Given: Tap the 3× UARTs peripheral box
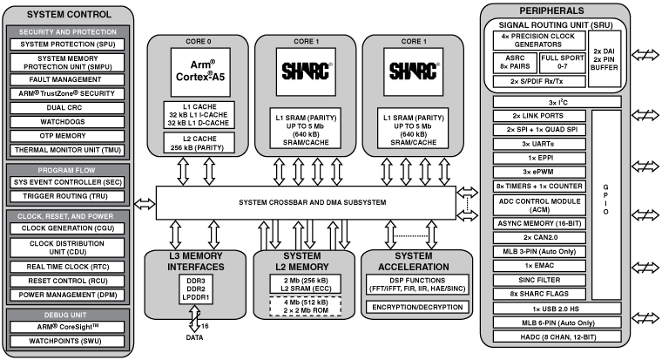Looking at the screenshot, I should [x=537, y=142].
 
